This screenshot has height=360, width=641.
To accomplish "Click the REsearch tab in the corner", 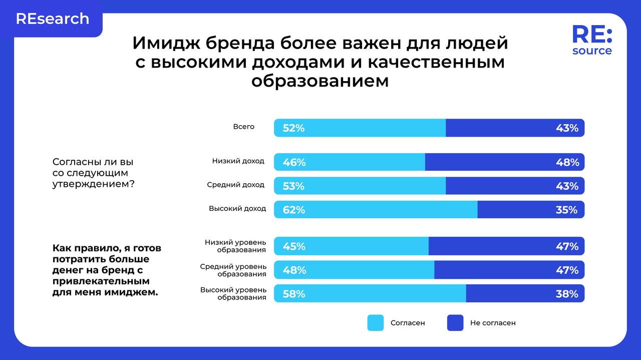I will click(53, 19).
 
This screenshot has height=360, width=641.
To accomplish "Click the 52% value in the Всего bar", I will click(293, 128).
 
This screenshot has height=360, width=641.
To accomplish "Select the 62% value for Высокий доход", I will click(293, 210).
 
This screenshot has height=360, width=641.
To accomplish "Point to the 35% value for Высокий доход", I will click(566, 210).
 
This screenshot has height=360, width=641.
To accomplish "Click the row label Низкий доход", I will click(238, 161).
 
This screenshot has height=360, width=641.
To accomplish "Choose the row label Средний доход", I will click(235, 185).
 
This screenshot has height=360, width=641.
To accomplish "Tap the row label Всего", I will click(244, 127).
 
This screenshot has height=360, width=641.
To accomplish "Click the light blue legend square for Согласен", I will click(375, 323).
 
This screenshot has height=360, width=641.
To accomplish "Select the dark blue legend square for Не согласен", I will click(455, 323).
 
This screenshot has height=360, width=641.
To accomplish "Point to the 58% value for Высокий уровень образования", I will click(293, 294).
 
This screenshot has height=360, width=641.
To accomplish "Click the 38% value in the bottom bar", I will click(566, 294).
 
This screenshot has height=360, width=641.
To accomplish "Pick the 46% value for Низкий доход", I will click(293, 162).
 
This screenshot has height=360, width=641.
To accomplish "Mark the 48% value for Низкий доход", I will click(567, 162).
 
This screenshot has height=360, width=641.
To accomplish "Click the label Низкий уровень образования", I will click(235, 246).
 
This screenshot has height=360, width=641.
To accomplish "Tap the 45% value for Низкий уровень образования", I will click(293, 246).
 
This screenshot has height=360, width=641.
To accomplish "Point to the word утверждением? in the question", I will click(93, 184).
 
